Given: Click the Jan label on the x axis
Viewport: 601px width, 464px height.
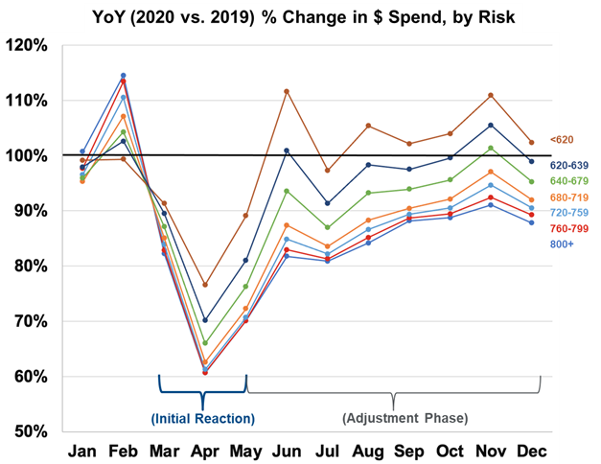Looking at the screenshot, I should click(82, 451).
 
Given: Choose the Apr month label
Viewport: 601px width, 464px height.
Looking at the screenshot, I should click(204, 451).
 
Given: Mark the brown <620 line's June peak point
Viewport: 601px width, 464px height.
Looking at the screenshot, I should click(287, 91).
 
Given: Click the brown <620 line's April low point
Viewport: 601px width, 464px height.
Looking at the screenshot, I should click(204, 285).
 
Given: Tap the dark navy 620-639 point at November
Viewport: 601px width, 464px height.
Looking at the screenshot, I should click(491, 125).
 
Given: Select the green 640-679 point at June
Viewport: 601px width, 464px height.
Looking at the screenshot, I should click(287, 191).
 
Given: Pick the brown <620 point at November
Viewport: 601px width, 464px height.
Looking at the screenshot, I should click(491, 95).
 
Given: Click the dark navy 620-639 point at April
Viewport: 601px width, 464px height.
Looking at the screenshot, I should click(204, 320).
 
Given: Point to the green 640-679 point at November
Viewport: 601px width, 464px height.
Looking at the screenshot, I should click(491, 148).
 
